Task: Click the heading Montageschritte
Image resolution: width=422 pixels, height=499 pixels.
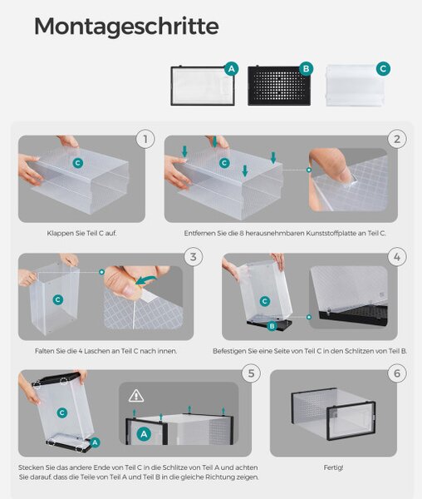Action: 126,27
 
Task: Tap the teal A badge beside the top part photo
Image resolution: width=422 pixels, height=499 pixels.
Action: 231,69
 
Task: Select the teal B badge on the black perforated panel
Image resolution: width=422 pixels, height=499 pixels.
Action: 306,69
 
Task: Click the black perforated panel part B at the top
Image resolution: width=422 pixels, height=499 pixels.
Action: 279,86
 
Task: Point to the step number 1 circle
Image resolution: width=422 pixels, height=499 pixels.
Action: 145,139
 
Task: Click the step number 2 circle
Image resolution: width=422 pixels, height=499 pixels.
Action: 397,139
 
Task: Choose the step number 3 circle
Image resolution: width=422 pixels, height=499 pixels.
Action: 194,257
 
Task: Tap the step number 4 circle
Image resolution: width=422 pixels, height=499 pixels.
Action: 397,257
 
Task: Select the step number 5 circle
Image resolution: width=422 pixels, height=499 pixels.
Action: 251,373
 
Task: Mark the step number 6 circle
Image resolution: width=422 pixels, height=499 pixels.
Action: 397,373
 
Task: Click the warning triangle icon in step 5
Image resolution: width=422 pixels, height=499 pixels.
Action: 136,396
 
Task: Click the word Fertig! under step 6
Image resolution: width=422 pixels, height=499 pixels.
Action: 333,467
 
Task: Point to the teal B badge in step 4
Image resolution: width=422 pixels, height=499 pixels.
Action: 272,326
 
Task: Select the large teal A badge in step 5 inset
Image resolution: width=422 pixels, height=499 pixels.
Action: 144,434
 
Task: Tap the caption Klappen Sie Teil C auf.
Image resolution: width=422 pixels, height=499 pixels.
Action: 81,233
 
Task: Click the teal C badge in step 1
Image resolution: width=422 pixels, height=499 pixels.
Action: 77,163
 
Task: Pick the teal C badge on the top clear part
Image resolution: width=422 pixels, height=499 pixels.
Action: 383,69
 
